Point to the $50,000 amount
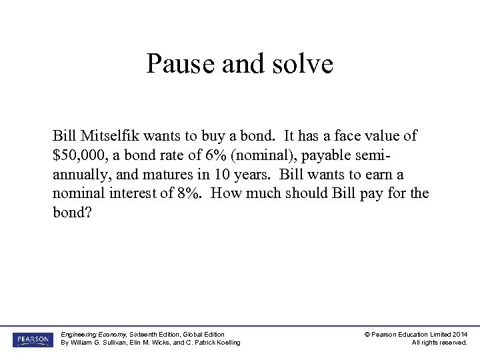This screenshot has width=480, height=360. pos(79,155)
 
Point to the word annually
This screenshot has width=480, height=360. pos(80,175)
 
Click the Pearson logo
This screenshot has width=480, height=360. pos(31,339)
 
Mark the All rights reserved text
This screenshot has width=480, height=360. pos(439,343)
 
